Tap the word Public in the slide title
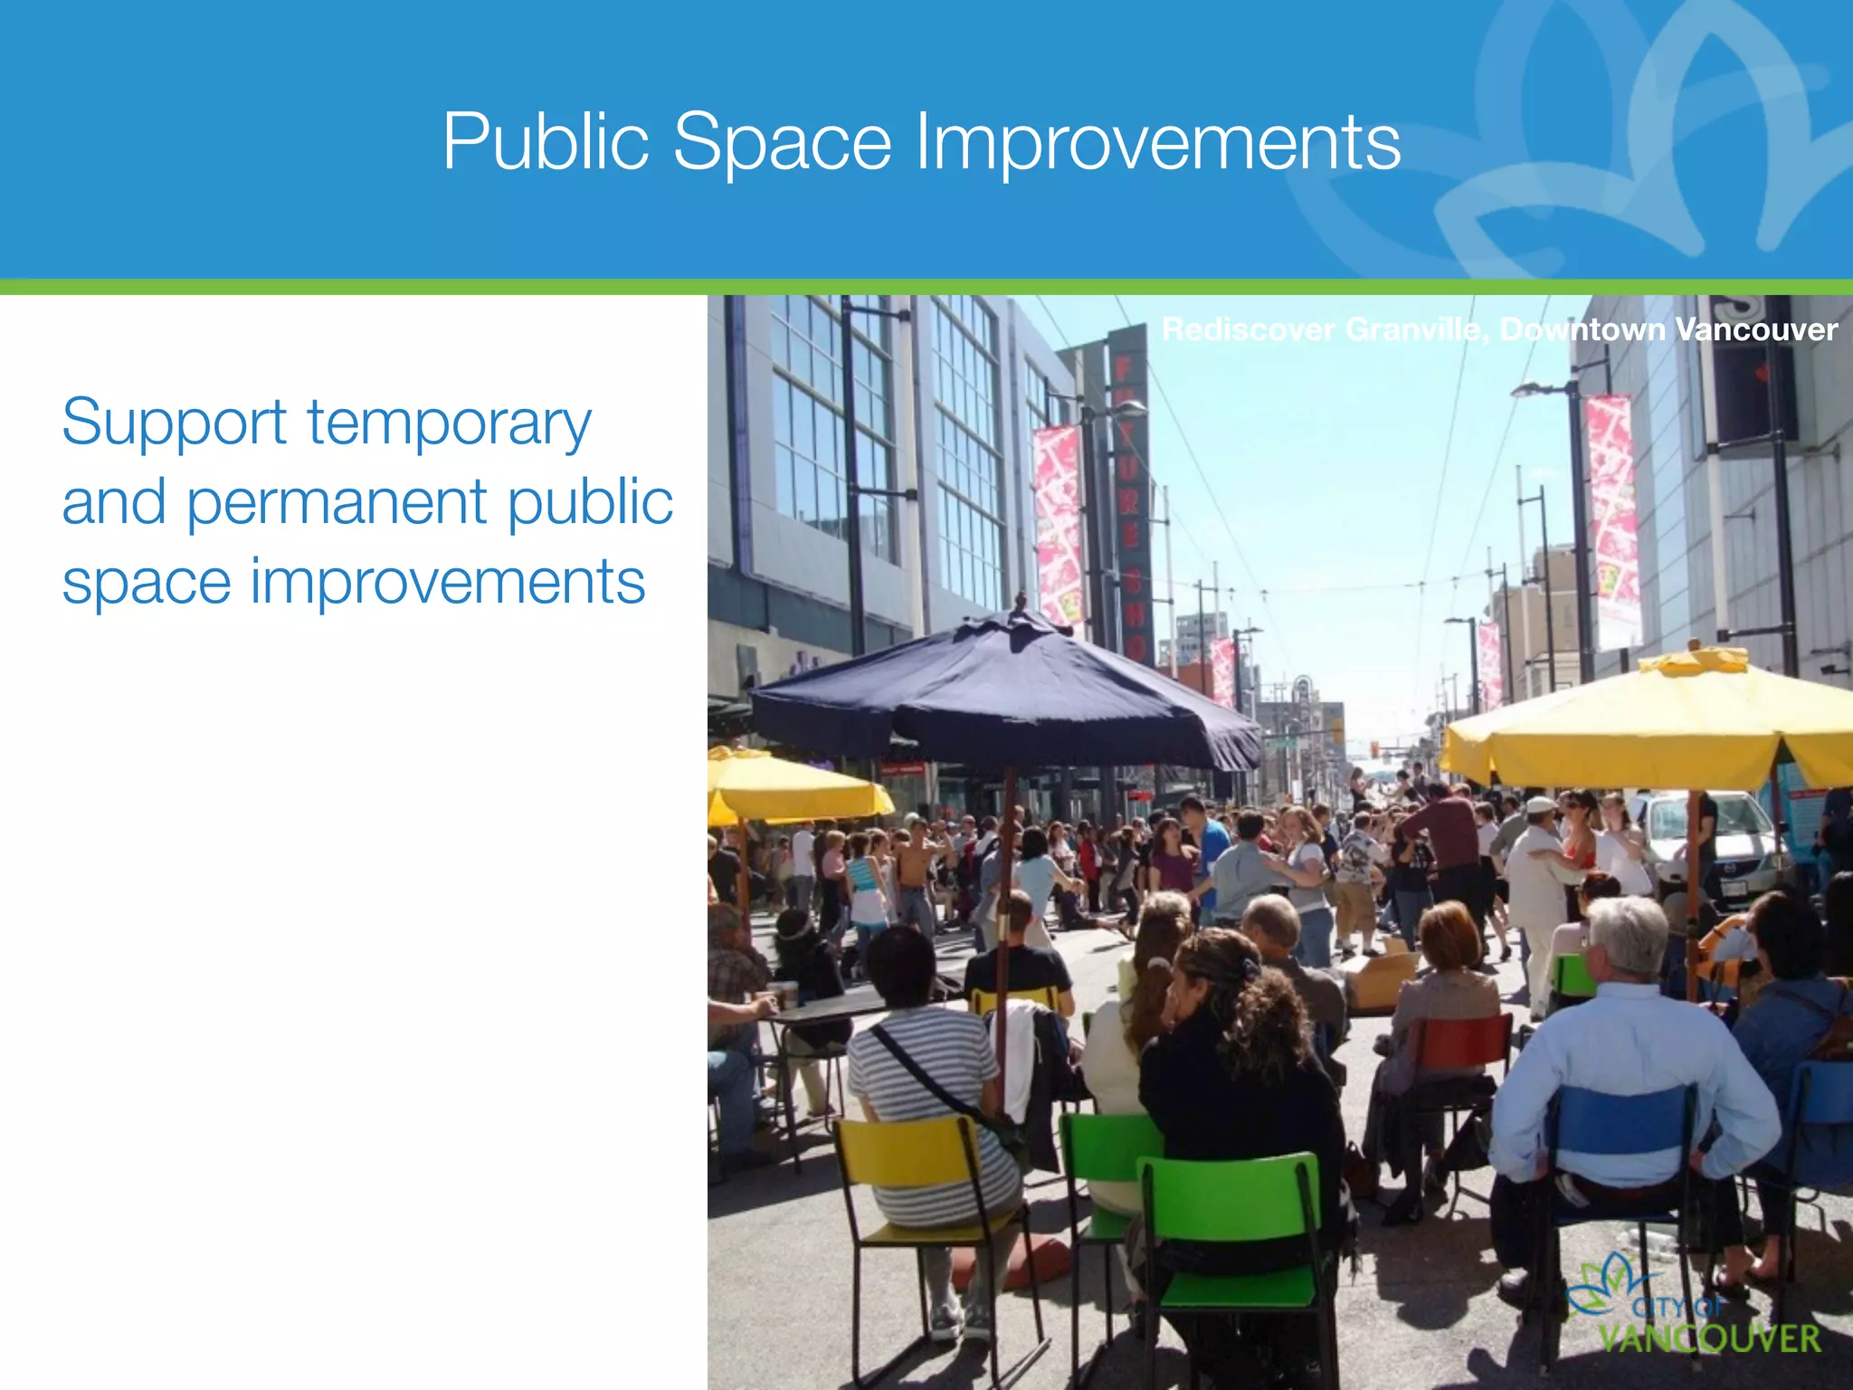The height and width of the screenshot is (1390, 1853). (546, 141)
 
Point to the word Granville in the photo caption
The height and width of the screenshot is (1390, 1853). (1415, 329)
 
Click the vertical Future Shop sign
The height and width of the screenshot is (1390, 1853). (1129, 498)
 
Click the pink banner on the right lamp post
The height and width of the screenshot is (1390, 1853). (1612, 520)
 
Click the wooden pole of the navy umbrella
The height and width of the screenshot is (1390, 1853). (1003, 905)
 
